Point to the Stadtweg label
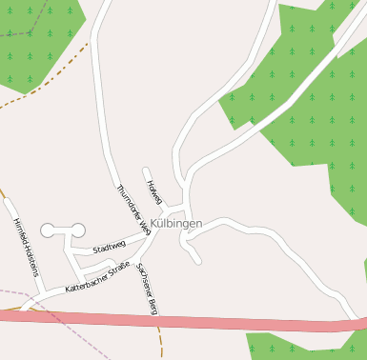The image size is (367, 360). pos(110,248)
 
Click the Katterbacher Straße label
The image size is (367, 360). pos(97,276)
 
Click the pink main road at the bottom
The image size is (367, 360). pos(191,322)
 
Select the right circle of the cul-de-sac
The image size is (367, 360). pos(75,230)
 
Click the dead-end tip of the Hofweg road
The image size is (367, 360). pos(146,171)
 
